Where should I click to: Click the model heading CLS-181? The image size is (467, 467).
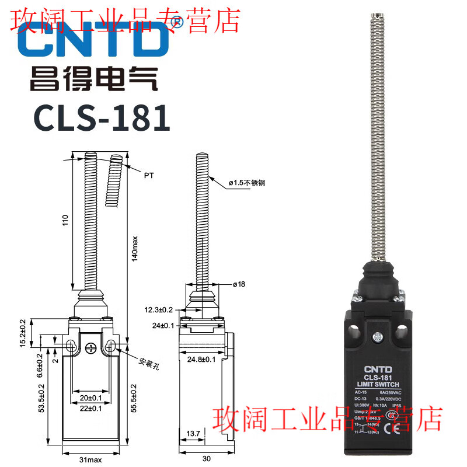[102, 119]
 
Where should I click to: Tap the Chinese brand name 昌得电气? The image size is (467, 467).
[94, 79]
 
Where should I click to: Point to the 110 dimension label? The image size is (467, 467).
[66, 221]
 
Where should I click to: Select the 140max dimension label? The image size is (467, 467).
[134, 248]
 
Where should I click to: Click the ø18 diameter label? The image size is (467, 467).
[239, 284]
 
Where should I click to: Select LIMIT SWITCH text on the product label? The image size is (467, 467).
[377, 384]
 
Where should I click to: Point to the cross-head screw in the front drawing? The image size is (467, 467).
[90, 348]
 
